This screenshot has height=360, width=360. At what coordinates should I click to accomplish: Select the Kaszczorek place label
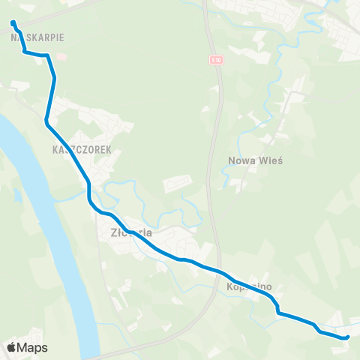[x=82, y=149]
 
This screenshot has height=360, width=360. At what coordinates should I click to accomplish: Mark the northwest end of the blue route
[x=13, y=22]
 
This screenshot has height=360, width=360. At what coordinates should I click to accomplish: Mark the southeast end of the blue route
[x=347, y=337]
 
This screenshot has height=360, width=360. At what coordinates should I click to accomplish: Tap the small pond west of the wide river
[x=16, y=196]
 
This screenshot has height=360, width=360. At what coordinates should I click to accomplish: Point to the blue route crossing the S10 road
[x=214, y=268]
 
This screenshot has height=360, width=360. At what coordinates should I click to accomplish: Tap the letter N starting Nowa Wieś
[x=230, y=160]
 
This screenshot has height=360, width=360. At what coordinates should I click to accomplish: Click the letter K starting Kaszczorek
[x=55, y=149]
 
